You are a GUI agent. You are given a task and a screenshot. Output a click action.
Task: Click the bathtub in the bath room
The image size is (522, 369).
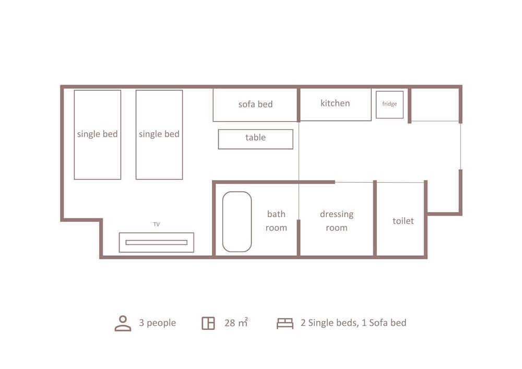click(x=237, y=221)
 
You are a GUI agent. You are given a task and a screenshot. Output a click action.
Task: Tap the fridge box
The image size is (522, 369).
click(x=389, y=104)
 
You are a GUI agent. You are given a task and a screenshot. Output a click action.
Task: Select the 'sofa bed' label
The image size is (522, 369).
click(x=255, y=104)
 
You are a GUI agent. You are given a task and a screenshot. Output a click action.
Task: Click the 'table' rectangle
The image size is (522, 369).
click(x=255, y=138)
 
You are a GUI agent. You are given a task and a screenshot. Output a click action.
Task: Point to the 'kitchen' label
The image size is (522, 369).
click(x=335, y=103)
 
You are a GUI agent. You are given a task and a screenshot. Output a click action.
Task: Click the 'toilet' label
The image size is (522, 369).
click(x=403, y=221)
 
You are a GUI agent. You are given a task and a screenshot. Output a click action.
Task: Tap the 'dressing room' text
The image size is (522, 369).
click(x=337, y=221)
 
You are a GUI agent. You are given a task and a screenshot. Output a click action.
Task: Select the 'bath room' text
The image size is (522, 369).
click(x=276, y=221)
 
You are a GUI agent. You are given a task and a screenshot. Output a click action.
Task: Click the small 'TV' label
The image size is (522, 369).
click(x=156, y=224)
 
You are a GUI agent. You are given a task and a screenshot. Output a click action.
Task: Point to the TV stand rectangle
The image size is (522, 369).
click(x=156, y=243)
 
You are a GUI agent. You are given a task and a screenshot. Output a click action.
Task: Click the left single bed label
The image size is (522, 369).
click(x=98, y=134)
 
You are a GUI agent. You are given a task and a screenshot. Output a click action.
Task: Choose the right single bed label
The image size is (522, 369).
click(x=159, y=134)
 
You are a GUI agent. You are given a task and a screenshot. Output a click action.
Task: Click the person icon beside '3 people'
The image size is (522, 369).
click(x=123, y=323)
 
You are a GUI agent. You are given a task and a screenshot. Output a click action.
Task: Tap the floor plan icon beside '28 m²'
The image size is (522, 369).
click(x=208, y=323)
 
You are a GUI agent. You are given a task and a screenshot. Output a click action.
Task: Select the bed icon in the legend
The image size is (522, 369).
click(x=284, y=323)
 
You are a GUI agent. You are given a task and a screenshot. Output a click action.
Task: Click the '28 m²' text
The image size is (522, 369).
click(x=236, y=323)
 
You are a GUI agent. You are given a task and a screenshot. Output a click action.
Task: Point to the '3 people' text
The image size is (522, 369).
click(x=157, y=323)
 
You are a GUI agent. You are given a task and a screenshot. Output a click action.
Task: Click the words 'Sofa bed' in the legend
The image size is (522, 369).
click(x=387, y=323)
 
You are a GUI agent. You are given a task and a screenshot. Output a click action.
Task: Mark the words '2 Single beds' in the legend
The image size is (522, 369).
click(x=330, y=323)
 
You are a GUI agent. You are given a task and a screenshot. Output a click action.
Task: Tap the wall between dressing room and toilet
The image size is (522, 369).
click(x=375, y=219)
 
